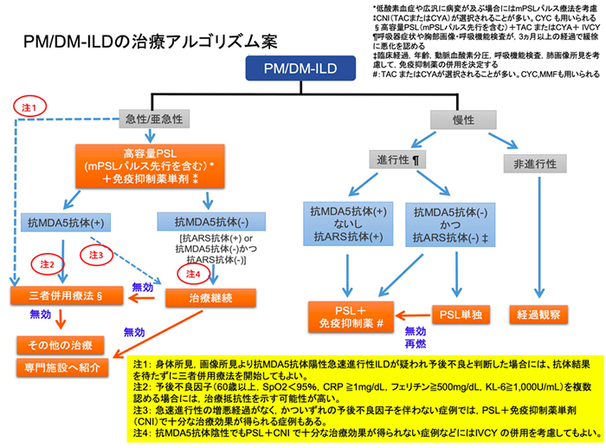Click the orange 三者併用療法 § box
tap(61, 295)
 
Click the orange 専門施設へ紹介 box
tap(61, 367)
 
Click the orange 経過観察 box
tap(542, 311)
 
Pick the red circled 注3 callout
tap(95, 255)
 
